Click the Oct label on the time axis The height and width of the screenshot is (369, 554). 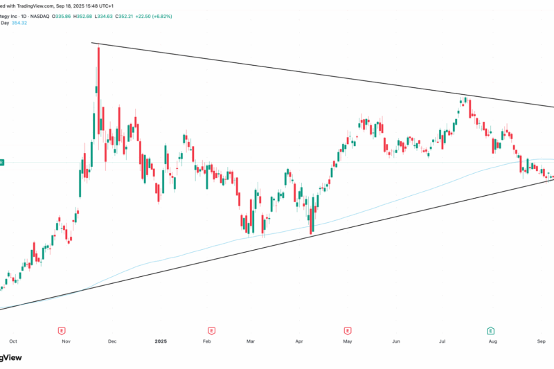[12, 341]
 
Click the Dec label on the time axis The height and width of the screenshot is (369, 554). [111, 341]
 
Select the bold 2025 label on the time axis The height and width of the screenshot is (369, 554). [161, 341]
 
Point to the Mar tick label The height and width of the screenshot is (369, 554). [252, 341]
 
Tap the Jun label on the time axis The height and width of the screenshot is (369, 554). [396, 341]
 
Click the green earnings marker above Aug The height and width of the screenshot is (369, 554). [490, 331]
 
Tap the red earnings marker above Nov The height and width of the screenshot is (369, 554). [62, 331]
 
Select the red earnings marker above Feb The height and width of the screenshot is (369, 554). [208, 331]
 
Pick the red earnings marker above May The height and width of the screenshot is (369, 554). [346, 331]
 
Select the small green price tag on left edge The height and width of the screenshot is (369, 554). [2, 162]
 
